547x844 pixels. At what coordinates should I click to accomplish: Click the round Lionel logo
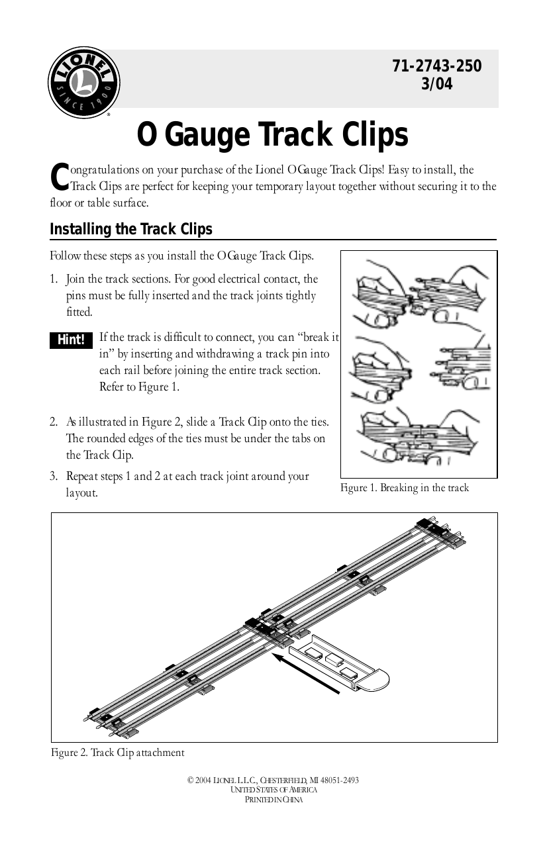pyautogui.click(x=83, y=83)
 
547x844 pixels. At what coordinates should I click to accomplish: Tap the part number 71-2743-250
pyautogui.click(x=437, y=66)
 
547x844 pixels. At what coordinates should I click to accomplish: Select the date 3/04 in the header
pyautogui.click(x=437, y=83)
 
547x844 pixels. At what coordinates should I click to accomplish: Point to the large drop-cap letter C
pyautogui.click(x=59, y=176)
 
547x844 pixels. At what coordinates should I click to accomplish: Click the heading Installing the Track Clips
pyautogui.click(x=131, y=229)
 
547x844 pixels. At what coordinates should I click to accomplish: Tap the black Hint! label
pyautogui.click(x=71, y=340)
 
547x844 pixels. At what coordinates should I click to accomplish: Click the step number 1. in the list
pyautogui.click(x=54, y=279)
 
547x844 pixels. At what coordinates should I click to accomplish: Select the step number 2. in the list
pyautogui.click(x=54, y=422)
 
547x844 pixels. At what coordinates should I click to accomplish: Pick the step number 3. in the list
pyautogui.click(x=54, y=476)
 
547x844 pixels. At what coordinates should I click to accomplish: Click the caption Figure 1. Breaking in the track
pyautogui.click(x=405, y=488)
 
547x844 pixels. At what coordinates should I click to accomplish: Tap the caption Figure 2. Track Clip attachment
pyautogui.click(x=118, y=753)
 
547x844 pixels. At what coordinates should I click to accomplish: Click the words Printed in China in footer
pyautogui.click(x=273, y=799)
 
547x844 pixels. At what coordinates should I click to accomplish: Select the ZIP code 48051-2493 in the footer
pyautogui.click(x=340, y=780)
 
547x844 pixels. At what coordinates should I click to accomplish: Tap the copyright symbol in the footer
pyautogui.click(x=190, y=780)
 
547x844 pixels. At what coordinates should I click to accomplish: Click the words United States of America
pyautogui.click(x=273, y=790)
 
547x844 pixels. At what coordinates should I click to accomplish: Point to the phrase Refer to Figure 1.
pyautogui.click(x=139, y=387)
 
